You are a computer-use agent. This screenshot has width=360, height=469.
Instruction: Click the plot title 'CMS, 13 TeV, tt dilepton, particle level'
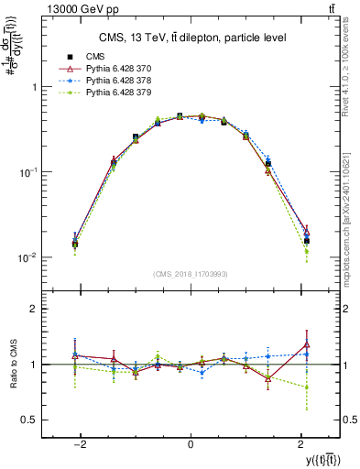click(190, 37)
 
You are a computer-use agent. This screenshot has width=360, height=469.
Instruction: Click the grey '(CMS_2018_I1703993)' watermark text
click(190, 274)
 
